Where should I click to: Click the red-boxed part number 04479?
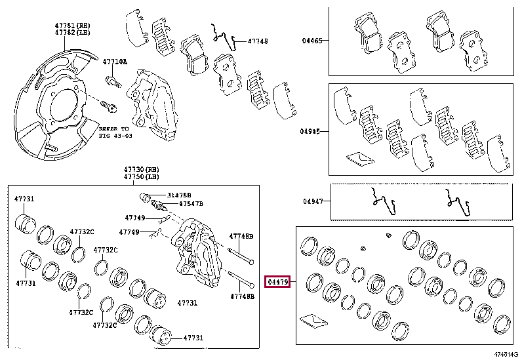pyautogui.click(x=277, y=282)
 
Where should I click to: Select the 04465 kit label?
pyautogui.click(x=311, y=41)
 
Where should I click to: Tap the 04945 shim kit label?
pyautogui.click(x=311, y=131)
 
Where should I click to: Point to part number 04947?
pyautogui.click(x=313, y=202)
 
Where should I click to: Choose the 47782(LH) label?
pyautogui.click(x=71, y=31)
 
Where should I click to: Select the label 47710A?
pyautogui.click(x=115, y=62)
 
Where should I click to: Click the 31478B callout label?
pyautogui.click(x=178, y=195)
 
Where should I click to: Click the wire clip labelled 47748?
pyautogui.click(x=224, y=36)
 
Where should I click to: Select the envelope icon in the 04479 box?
pyautogui.click(x=313, y=321)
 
